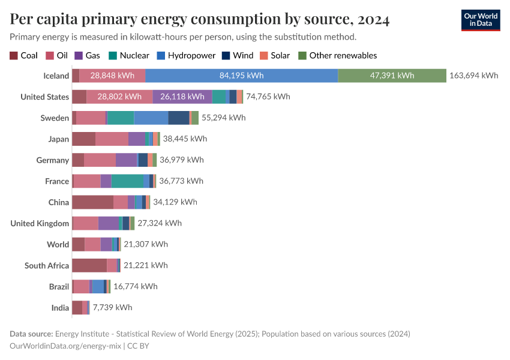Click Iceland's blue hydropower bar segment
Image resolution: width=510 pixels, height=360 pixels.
(x=241, y=76)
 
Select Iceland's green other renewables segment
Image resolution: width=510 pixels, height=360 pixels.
(x=392, y=76)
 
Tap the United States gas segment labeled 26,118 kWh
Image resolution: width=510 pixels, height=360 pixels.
(x=182, y=97)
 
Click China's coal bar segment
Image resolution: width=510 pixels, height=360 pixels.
(x=92, y=202)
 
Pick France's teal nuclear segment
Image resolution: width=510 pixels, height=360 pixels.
(x=127, y=181)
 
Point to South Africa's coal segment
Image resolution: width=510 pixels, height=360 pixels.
(x=89, y=265)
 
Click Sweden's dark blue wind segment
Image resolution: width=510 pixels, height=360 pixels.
(x=178, y=118)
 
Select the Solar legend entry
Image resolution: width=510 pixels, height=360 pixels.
(x=275, y=55)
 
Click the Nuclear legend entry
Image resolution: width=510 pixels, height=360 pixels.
(x=128, y=55)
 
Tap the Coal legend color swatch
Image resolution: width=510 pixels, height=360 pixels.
(x=14, y=55)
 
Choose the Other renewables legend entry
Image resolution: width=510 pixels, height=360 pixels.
(x=337, y=55)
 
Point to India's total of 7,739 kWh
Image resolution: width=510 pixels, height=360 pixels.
(x=112, y=307)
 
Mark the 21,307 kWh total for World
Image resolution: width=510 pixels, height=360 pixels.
(x=146, y=244)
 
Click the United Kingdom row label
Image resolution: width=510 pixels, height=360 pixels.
(x=40, y=223)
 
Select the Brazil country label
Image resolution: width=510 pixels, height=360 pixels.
(x=59, y=287)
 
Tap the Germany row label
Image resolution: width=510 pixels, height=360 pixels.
(x=52, y=160)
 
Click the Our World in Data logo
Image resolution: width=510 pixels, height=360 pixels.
(x=480, y=20)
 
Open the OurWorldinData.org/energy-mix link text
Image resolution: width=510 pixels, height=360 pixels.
(x=65, y=346)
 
